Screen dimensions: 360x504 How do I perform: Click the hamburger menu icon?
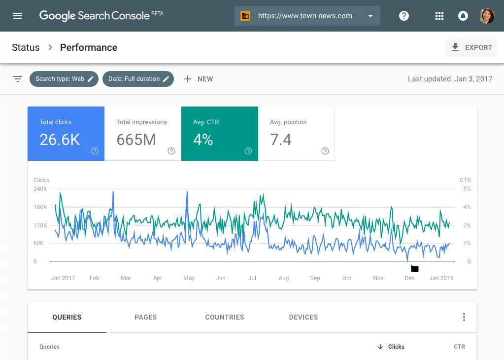(18, 16)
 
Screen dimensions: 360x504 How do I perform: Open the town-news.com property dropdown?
(307, 16)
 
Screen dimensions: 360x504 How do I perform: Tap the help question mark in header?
(404, 16)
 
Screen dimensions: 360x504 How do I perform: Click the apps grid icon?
(439, 16)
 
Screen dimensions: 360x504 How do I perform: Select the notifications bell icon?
(463, 16)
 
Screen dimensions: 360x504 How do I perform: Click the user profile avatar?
(487, 16)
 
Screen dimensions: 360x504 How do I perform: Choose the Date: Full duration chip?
(138, 79)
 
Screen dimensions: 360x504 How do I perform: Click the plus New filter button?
(199, 79)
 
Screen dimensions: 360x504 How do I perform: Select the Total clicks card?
(66, 134)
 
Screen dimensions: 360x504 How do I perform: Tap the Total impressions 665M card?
(143, 134)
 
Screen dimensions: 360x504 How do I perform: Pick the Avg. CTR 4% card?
(220, 134)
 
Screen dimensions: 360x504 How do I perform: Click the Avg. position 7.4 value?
(281, 140)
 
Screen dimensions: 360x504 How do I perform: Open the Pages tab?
(146, 317)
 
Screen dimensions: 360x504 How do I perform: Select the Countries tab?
(225, 317)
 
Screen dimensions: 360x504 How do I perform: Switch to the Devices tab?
(303, 317)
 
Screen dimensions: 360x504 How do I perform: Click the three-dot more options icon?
(464, 317)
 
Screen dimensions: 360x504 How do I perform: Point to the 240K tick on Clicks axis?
(40, 189)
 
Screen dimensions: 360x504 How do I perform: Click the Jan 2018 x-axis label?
(441, 278)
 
